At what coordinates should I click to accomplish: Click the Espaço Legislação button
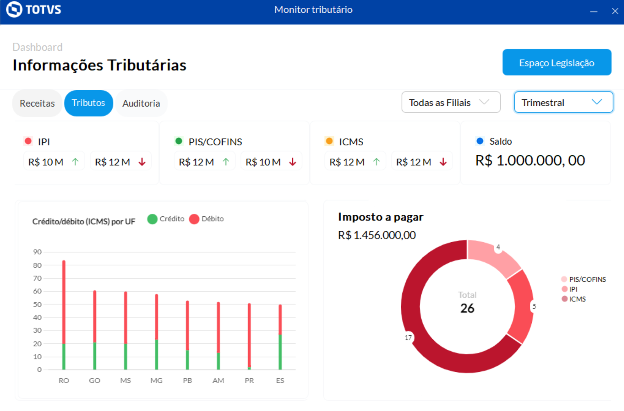[x=557, y=63]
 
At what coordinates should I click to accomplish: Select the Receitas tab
[x=37, y=103]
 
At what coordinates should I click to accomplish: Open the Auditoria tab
[x=141, y=103]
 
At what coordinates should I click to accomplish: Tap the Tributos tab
[x=89, y=103]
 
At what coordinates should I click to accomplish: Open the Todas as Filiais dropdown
[x=451, y=103]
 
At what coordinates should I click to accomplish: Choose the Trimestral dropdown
[x=563, y=103]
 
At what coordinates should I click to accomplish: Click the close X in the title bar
[x=615, y=11]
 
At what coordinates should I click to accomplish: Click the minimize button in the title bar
[x=594, y=11]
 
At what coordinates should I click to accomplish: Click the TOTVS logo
[x=34, y=9]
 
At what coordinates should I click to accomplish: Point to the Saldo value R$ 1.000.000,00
[x=530, y=161]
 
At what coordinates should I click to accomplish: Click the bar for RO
[x=64, y=315]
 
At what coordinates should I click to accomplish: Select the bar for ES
[x=280, y=337]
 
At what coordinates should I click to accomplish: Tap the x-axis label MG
[x=156, y=380]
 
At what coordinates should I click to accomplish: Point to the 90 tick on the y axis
[x=38, y=252]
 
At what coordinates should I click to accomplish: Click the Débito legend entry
[x=207, y=219]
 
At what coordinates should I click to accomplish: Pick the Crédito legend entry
[x=166, y=219]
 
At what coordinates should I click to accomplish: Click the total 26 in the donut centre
[x=467, y=308]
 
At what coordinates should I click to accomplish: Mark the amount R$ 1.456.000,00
[x=377, y=235]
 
